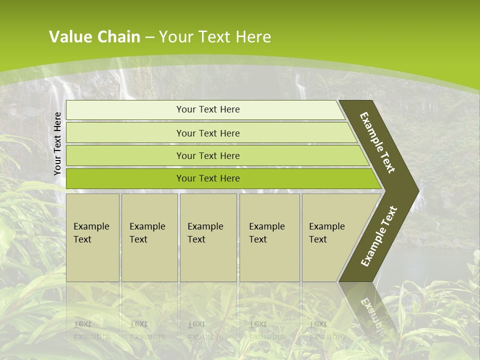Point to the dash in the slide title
pyautogui.click(x=149, y=37)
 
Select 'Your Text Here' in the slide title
pyautogui.click(x=215, y=37)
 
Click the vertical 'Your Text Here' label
pyautogui.click(x=57, y=143)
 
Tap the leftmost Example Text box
pyautogui.click(x=92, y=237)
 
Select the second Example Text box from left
pyautogui.click(x=149, y=237)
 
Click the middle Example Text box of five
pyautogui.click(x=208, y=237)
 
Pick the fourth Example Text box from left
pyautogui.click(x=269, y=237)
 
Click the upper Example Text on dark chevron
pyautogui.click(x=377, y=142)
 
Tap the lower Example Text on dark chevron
pyautogui.click(x=379, y=236)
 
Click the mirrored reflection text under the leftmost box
pyautogui.click(x=90, y=330)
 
